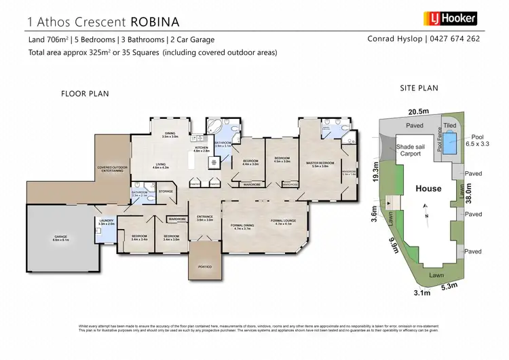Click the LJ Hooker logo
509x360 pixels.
(x=450, y=18)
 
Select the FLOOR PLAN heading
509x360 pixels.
(x=85, y=93)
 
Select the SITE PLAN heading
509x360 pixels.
(x=418, y=88)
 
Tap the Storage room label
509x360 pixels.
(x=166, y=192)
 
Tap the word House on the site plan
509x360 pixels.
(x=428, y=188)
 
